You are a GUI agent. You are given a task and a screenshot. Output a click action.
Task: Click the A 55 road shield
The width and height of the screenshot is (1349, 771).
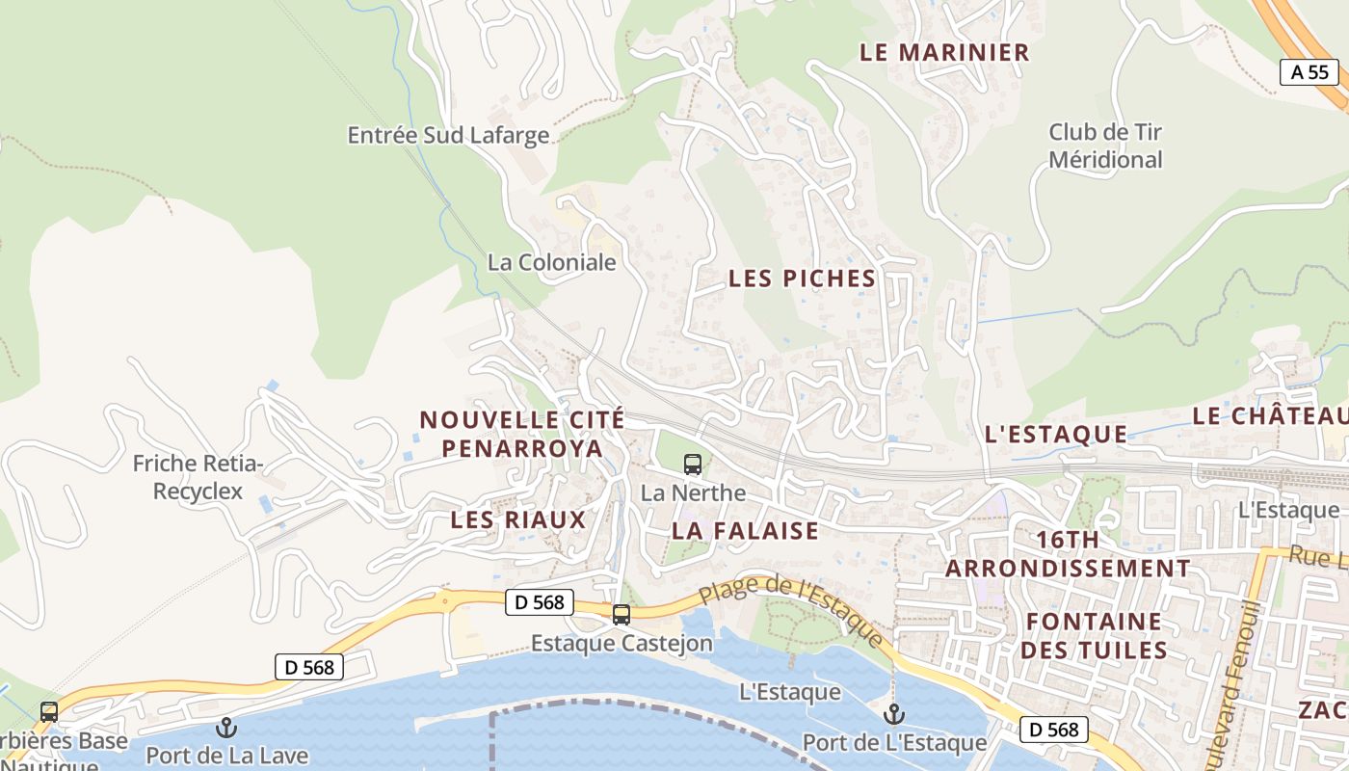click(x=1310, y=72)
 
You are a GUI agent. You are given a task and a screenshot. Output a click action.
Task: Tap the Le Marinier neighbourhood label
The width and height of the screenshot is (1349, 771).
click(x=944, y=53)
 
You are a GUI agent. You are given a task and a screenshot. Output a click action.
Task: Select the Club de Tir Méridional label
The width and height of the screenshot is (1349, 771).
click(x=1105, y=146)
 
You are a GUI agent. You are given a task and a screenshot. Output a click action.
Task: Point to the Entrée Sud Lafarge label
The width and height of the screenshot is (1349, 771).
click(x=448, y=135)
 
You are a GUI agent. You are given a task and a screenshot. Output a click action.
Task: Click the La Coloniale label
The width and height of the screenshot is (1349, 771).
click(x=551, y=262)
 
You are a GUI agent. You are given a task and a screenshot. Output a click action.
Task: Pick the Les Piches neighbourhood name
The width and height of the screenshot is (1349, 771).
click(x=802, y=279)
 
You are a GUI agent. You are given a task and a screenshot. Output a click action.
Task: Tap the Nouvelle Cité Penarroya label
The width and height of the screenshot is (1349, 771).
click(x=521, y=434)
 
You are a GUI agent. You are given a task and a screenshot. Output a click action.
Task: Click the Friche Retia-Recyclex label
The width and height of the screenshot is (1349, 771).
click(x=198, y=477)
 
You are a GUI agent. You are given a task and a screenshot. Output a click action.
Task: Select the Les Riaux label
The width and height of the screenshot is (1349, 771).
click(x=518, y=520)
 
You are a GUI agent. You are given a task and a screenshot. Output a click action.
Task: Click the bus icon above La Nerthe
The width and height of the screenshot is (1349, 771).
click(x=693, y=465)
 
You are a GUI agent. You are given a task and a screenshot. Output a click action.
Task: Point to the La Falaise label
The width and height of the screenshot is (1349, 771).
click(x=745, y=530)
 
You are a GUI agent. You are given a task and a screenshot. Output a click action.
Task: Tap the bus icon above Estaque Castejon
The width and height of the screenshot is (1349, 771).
click(x=622, y=614)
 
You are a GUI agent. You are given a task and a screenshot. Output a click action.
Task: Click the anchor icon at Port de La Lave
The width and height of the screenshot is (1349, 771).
click(x=226, y=728)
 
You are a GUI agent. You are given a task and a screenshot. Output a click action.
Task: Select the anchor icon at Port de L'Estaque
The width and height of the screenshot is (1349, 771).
click(x=894, y=714)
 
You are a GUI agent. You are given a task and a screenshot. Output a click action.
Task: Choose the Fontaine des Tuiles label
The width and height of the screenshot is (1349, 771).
click(x=1094, y=635)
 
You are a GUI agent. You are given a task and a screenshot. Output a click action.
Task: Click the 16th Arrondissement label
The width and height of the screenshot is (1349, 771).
click(x=1068, y=553)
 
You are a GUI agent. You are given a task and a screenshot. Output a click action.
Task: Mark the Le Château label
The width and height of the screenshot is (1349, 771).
click(x=1270, y=415)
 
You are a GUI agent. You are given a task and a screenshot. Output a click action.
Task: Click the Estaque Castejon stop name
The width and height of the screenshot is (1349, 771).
click(x=622, y=643)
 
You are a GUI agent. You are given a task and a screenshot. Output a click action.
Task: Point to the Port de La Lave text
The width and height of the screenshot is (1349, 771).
click(x=226, y=754)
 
